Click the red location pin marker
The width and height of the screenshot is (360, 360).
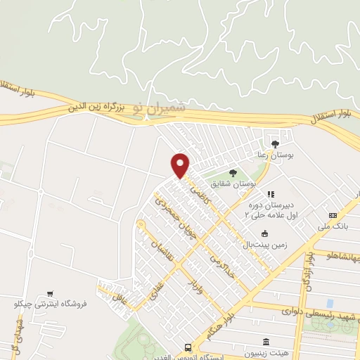coord(181,165)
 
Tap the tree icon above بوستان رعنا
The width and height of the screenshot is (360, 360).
coord(275,143)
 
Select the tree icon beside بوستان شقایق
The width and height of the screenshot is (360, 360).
coord(233,172)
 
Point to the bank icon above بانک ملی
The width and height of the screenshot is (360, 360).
coord(333,215)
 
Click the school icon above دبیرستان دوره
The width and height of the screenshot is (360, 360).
coord(270,193)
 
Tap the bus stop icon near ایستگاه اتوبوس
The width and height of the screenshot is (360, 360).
coord(188,347)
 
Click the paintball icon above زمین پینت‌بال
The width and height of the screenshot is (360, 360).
coord(264,234)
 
